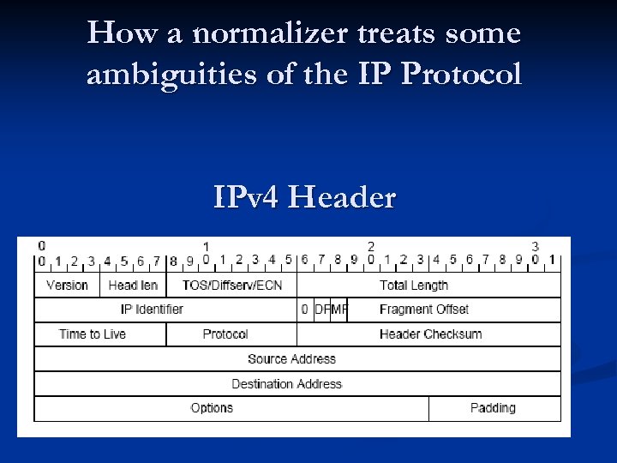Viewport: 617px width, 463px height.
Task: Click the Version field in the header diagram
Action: [x=68, y=286]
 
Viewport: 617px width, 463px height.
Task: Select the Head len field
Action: [x=133, y=286]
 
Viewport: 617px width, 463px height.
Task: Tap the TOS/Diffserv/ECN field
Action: [x=232, y=286]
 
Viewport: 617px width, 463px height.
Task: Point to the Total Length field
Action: [x=414, y=286]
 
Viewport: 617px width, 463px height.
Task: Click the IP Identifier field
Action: [x=153, y=310]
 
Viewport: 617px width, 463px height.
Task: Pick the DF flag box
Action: [x=322, y=310]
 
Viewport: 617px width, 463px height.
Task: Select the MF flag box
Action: [x=338, y=310]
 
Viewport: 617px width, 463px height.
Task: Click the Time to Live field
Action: [x=93, y=334]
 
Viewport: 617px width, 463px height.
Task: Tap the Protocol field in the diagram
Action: [x=225, y=334]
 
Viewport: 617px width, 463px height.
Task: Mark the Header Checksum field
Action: [x=430, y=334]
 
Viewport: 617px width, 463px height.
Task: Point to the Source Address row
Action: [x=291, y=359]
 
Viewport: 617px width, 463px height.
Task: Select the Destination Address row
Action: [x=287, y=384]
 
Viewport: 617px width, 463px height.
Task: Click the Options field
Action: [x=212, y=408]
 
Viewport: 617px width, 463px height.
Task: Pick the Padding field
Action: [x=494, y=408]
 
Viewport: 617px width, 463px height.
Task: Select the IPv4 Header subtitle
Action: [x=305, y=198]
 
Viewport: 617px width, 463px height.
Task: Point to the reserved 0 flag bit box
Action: [x=305, y=310]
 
